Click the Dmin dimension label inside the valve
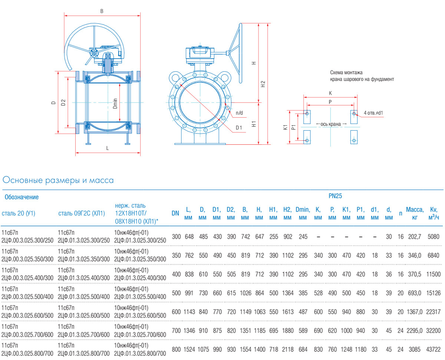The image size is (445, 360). (x=115, y=103)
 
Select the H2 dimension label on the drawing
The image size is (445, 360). (x=263, y=84)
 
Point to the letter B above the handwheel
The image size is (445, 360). (x=102, y=11)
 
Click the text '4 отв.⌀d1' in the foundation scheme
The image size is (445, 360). (x=373, y=112)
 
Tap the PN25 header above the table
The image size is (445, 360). (x=335, y=196)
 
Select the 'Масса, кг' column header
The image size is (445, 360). (x=415, y=213)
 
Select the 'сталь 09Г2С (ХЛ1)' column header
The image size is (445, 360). (x=82, y=213)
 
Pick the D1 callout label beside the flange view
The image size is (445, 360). (x=239, y=128)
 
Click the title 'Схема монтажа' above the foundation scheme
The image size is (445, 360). (x=346, y=72)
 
